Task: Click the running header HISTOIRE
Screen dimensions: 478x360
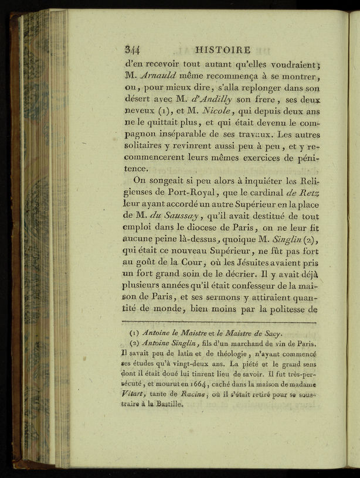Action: click(223, 50)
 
